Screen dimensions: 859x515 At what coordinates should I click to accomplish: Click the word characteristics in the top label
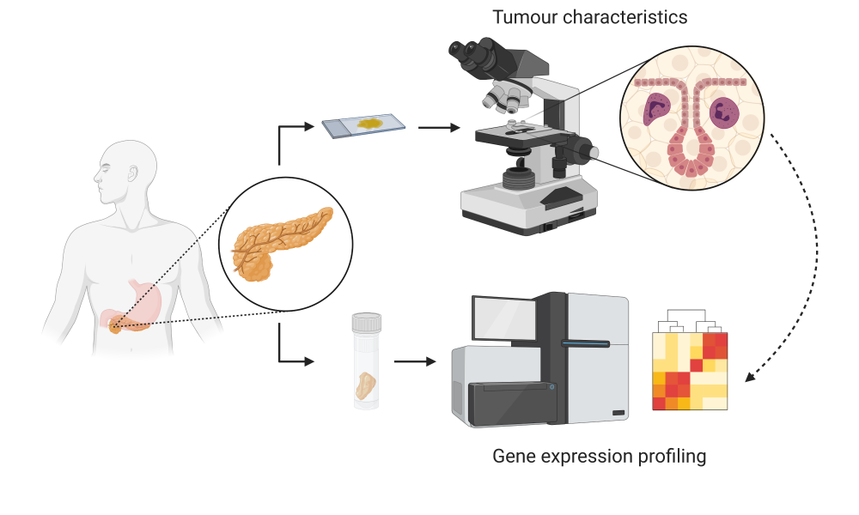coord(625,17)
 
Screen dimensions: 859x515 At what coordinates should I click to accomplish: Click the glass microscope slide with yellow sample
coord(363,125)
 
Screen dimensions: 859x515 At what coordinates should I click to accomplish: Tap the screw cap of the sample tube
coord(367,323)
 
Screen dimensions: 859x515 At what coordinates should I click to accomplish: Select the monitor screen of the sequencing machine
coord(504,318)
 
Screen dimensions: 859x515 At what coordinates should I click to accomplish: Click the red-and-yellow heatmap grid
coord(690,371)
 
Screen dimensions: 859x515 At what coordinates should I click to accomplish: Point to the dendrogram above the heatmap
coord(691,321)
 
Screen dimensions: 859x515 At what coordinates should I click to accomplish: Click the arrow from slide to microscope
coord(439,128)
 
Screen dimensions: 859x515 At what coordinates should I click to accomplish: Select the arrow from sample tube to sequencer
coord(415,361)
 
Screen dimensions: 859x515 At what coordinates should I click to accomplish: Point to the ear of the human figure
coord(132,173)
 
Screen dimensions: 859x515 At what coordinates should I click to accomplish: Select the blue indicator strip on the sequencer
coord(585,344)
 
